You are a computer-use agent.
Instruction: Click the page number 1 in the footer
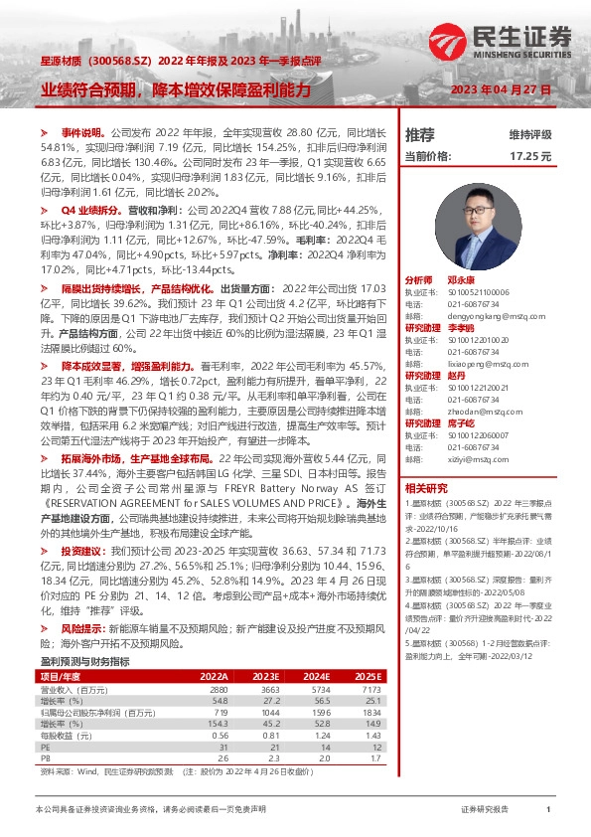548,810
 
